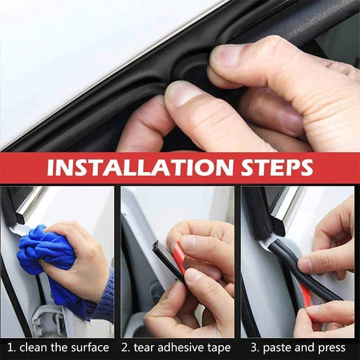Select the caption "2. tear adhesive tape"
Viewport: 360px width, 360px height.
[x=176, y=347]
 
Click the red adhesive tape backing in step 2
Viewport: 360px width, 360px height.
[x=179, y=256]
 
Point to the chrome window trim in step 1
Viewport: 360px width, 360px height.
[x=31, y=202]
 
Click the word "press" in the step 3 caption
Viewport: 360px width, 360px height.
[x=331, y=347]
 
